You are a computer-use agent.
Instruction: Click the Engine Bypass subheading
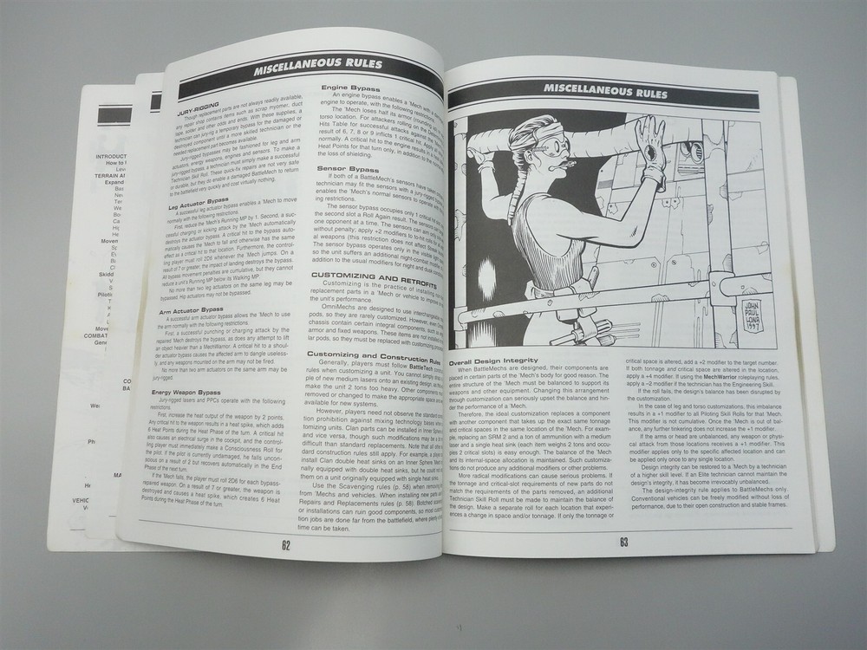point(350,88)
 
